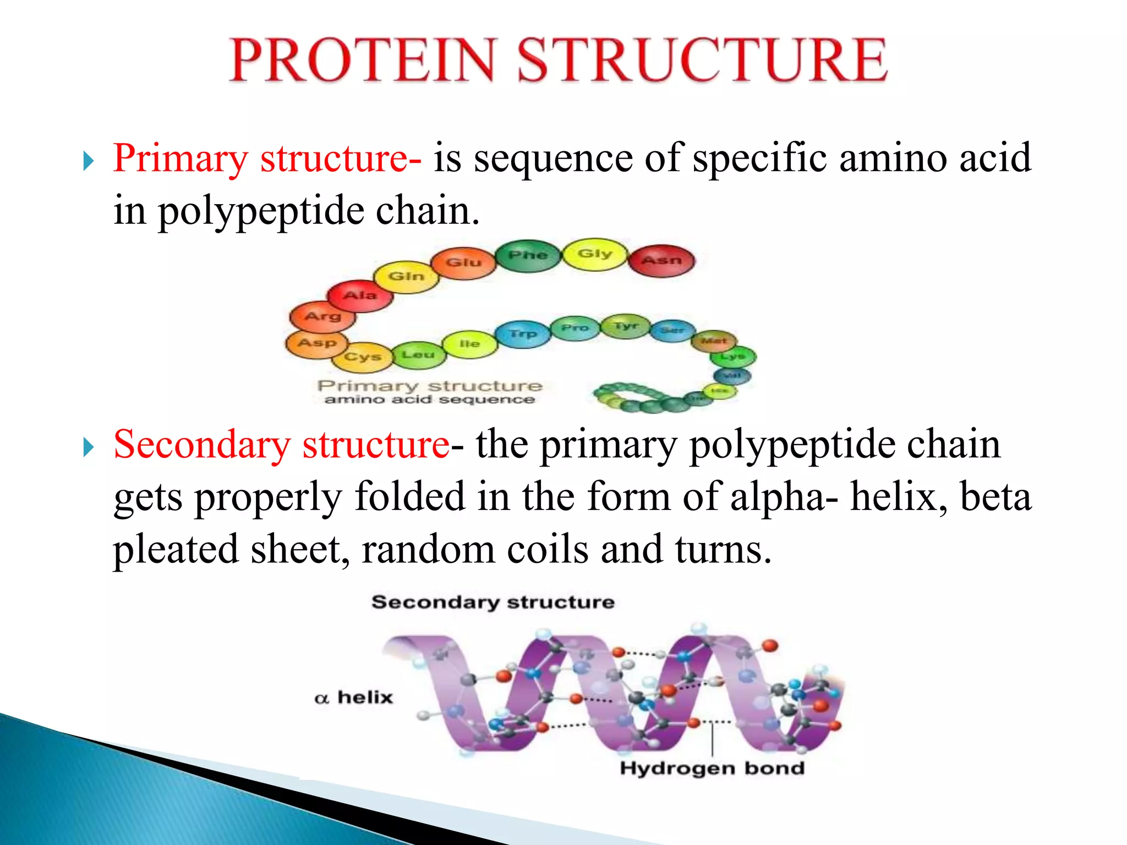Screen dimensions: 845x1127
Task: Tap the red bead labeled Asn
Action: [x=661, y=260]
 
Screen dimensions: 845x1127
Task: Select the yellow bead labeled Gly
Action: [x=594, y=254]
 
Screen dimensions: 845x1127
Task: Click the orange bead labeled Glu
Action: [x=463, y=263]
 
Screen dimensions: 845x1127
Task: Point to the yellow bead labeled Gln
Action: [x=406, y=276]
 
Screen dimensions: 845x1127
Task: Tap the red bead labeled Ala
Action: [x=360, y=296]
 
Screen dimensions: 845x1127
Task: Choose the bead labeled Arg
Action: [x=322, y=317]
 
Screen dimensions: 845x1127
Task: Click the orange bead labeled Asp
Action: [x=316, y=343]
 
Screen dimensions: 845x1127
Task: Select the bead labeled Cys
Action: [x=362, y=356]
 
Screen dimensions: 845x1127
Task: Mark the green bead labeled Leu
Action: [x=418, y=355]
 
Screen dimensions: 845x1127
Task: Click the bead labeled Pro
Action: [x=575, y=328]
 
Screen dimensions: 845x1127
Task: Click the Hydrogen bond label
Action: [x=712, y=768]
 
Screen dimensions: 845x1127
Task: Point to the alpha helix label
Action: [x=353, y=698]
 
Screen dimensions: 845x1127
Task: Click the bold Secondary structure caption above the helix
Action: [x=493, y=602]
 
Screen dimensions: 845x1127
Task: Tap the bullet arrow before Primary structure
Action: [x=89, y=161]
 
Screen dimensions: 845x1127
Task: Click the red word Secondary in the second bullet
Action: [x=201, y=445]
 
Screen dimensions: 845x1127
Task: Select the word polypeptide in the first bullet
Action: [x=261, y=211]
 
